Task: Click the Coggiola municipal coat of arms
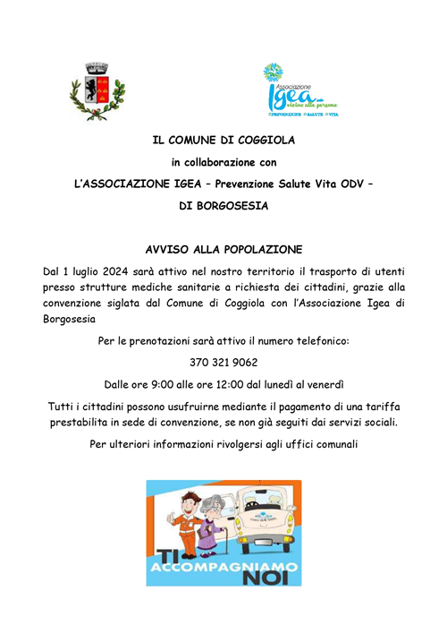tap(97, 90)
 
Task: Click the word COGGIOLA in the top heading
tap(262, 141)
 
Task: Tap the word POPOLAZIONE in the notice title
tap(265, 248)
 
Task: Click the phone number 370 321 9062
tap(223, 363)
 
